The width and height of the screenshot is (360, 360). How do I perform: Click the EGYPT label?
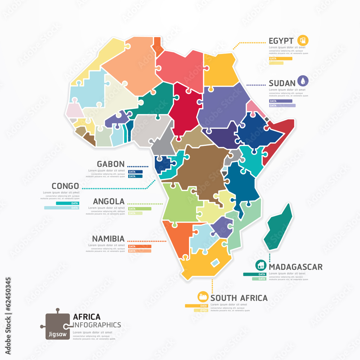tap(281, 40)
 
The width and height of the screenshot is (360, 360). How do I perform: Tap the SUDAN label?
tap(282, 83)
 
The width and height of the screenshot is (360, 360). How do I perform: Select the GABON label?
tap(111, 163)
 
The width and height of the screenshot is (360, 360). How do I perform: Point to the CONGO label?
tap(65, 186)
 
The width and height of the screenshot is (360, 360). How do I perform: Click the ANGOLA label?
tap(108, 201)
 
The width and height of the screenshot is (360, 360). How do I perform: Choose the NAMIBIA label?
tap(108, 238)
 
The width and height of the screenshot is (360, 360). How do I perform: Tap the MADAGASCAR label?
tap(296, 267)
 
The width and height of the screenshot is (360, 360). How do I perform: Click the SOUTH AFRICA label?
tap(239, 298)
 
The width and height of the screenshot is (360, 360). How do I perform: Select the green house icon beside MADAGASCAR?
tap(261, 266)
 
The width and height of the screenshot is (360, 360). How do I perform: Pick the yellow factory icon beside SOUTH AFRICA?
tap(203, 297)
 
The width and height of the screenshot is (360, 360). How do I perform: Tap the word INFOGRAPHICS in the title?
tap(97, 325)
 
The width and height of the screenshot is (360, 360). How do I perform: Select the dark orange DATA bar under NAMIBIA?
tap(140, 246)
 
